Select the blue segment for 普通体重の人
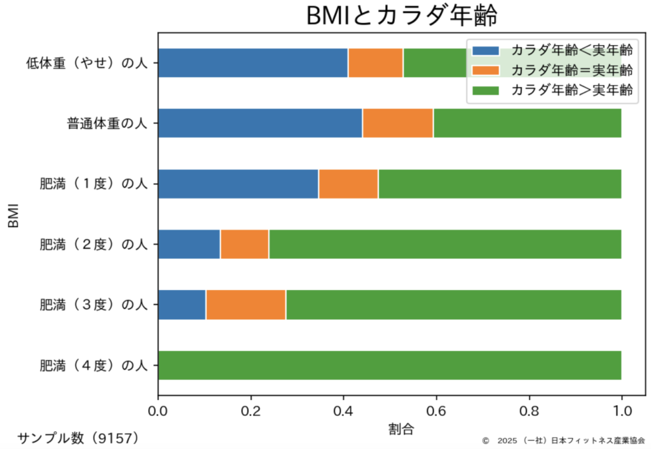[259, 123]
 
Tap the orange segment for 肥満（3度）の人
[245, 305]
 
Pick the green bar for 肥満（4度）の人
[389, 365]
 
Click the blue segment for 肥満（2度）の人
[189, 244]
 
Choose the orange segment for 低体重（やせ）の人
[375, 63]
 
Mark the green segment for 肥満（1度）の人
[499, 184]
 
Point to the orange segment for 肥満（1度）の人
[348, 184]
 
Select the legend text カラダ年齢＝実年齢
[572, 70]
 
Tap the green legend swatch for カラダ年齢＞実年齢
[486, 90]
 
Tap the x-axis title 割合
[401, 429]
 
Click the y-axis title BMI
[14, 214]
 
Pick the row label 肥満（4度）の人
[93, 366]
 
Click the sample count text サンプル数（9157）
[78, 438]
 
